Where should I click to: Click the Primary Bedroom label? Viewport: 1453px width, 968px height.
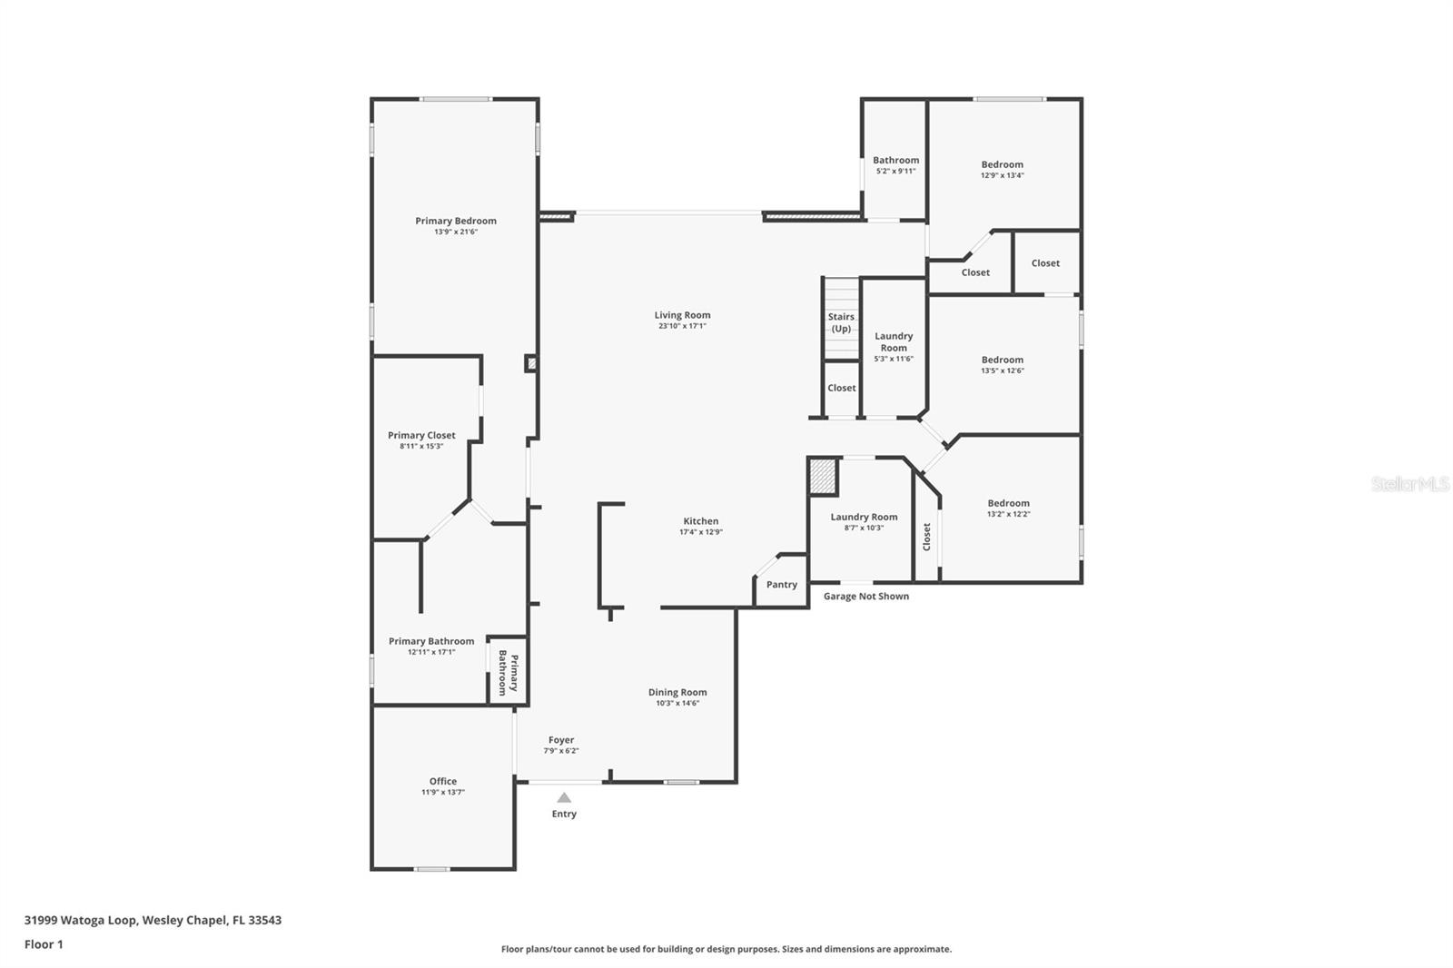(x=456, y=221)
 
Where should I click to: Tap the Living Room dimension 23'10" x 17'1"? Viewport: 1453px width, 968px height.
(x=682, y=326)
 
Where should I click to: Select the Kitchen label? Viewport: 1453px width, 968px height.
(x=700, y=521)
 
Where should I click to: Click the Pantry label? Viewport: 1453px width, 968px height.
(x=781, y=585)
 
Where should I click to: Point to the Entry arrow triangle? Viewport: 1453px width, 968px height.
(x=564, y=798)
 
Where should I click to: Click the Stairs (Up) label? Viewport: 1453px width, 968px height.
(x=841, y=322)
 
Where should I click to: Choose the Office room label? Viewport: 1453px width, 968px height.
(x=443, y=781)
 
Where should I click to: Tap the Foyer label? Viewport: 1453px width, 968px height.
(x=560, y=740)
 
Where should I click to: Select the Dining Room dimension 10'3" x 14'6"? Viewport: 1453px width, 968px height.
(x=677, y=703)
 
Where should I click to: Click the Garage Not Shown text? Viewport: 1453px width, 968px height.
(x=865, y=597)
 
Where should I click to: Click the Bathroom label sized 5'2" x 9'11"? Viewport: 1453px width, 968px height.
(x=895, y=161)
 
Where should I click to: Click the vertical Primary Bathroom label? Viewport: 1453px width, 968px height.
(x=508, y=673)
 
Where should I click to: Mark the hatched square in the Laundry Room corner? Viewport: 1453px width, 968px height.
(x=824, y=477)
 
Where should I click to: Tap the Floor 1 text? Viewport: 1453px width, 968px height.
(x=44, y=944)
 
